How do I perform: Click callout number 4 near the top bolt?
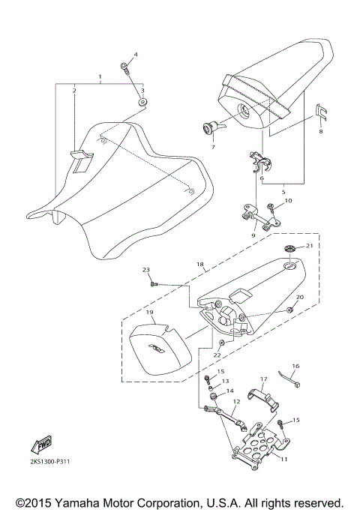[x=136, y=55]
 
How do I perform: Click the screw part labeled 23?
[x=153, y=284]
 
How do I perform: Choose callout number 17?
[x=263, y=379]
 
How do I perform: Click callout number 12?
[x=236, y=402]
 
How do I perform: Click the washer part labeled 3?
[x=142, y=100]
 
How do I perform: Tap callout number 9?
[x=253, y=235]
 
